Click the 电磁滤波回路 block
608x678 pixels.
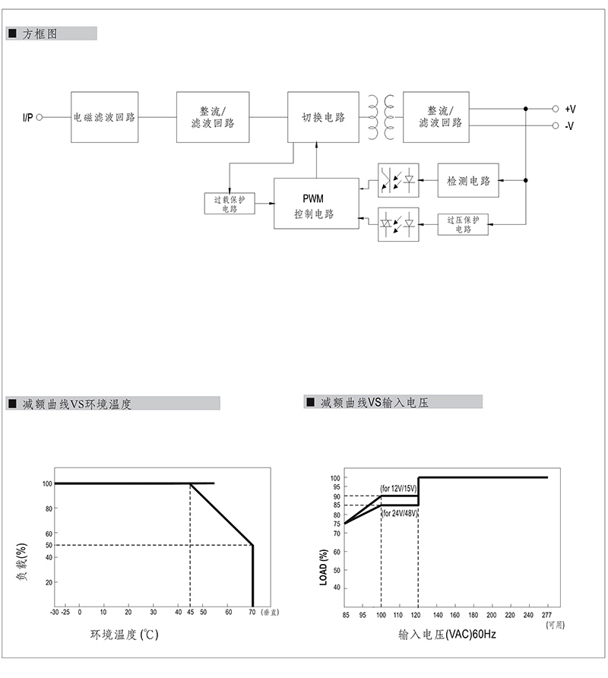[104, 117]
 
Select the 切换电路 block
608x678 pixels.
[323, 117]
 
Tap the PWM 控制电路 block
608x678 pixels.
[315, 204]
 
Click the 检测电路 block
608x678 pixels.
[468, 181]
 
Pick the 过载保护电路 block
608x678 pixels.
[230, 204]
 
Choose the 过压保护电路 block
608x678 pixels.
[463, 224]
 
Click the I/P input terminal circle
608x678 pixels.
[40, 117]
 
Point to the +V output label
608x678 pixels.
[570, 109]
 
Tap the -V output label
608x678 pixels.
[569, 126]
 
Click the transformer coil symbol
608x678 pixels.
[381, 117]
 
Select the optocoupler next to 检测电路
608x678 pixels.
[399, 181]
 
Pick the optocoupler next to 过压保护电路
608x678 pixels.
[399, 224]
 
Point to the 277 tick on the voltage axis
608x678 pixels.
[546, 614]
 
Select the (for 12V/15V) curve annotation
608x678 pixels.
[398, 488]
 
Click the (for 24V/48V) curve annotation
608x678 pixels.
[398, 513]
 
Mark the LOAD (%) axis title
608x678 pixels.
[324, 566]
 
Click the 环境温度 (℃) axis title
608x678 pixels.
[125, 634]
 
